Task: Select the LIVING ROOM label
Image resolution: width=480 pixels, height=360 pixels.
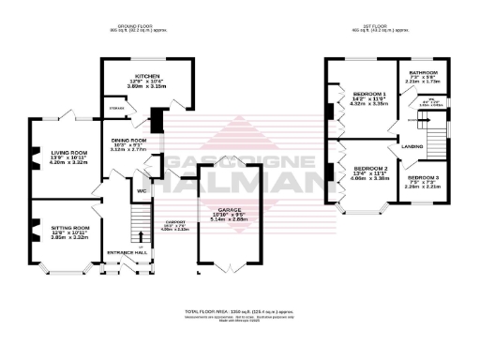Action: click(x=68, y=152)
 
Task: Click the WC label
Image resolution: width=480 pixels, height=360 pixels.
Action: click(x=142, y=191)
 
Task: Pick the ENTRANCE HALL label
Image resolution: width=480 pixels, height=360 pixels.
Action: click(x=127, y=253)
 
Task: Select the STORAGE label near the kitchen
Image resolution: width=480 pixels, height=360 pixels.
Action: click(x=116, y=109)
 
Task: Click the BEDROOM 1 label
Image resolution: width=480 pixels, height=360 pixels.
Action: click(x=362, y=95)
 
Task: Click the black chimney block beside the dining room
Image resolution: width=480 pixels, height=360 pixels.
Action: click(x=156, y=120)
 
